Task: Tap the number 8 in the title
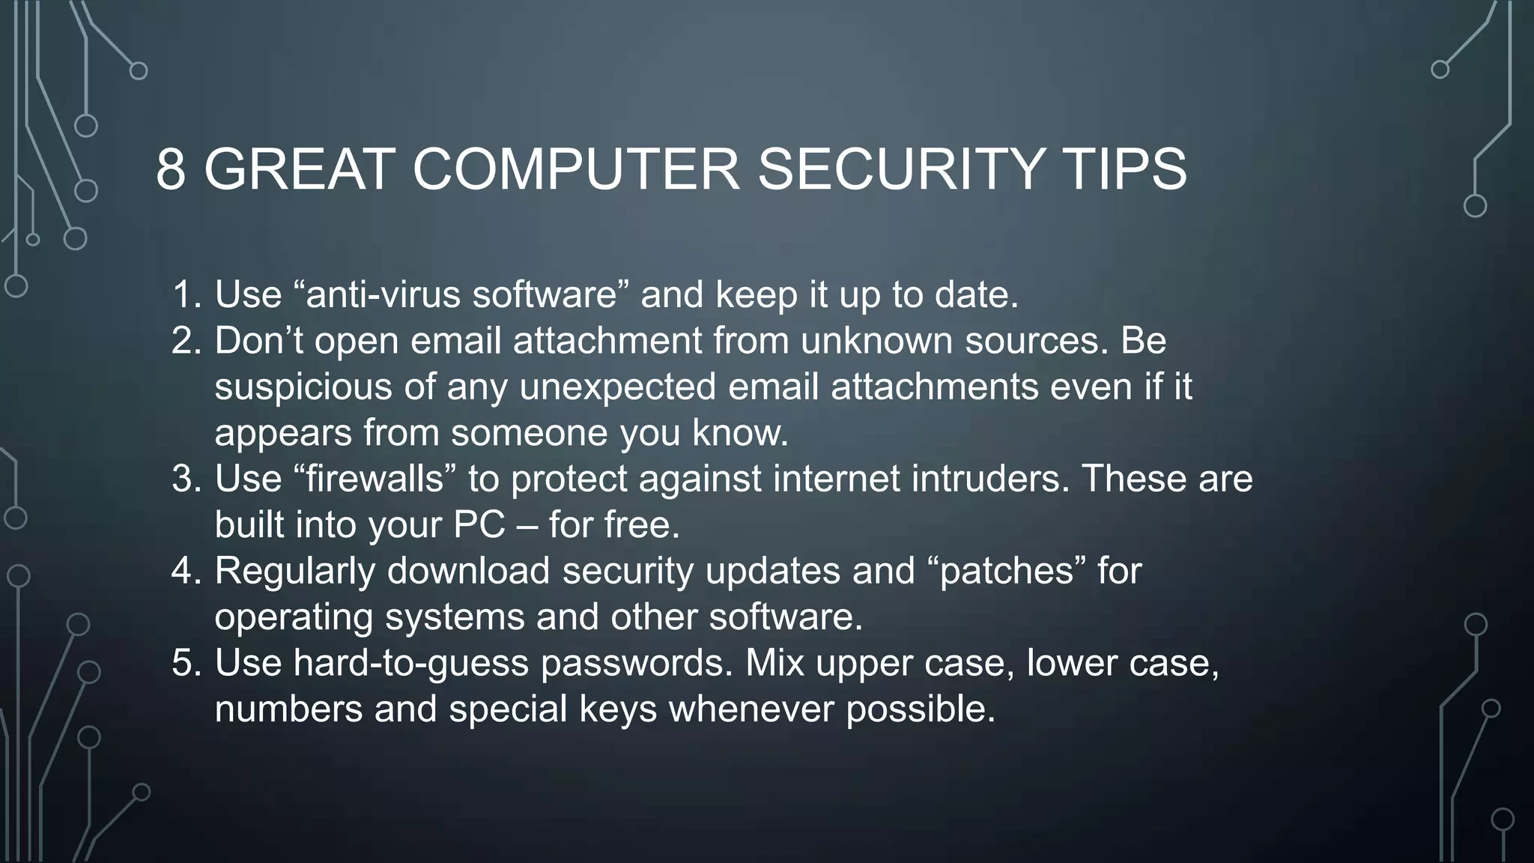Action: point(171,169)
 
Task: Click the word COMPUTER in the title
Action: point(575,169)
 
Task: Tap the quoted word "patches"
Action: point(1006,571)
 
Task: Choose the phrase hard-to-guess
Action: point(410,664)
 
